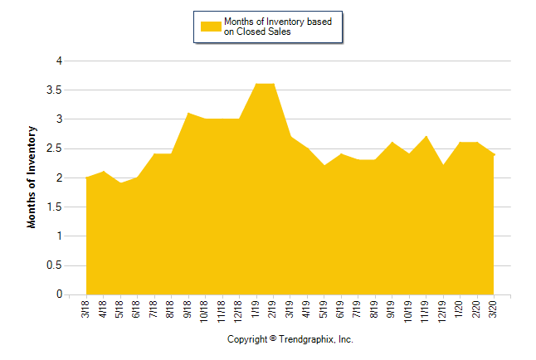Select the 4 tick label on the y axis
point(59,61)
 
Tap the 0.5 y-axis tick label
point(55,265)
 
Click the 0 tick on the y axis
point(59,294)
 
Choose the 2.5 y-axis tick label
point(55,148)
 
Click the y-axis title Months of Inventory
point(32,178)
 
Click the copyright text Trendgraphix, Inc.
point(290,339)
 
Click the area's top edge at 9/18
point(188,113)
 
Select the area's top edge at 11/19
point(426,136)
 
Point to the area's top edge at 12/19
point(443,165)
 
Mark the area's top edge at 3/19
point(290,136)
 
